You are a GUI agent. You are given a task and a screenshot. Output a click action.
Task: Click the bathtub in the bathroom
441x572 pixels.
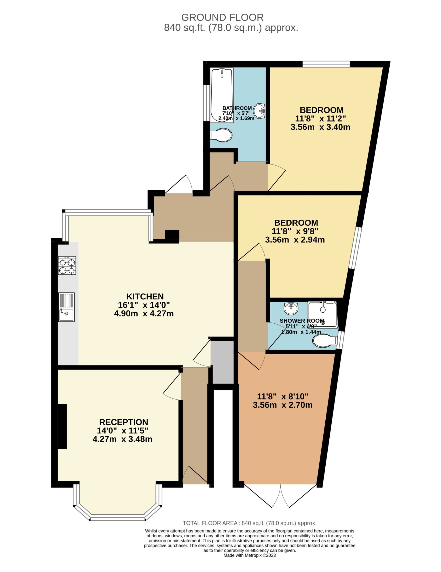[222, 95]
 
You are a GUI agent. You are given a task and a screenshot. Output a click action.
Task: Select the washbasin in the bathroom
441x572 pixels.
[259, 111]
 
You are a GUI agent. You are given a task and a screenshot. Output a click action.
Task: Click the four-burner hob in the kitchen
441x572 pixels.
[67, 265]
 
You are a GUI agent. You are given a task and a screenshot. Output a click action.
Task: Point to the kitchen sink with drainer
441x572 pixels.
[66, 307]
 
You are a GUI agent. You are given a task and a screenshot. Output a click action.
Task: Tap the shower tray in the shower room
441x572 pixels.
[322, 314]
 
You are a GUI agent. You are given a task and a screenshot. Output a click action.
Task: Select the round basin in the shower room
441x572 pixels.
[291, 308]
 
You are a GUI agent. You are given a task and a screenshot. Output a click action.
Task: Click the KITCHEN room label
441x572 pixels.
[145, 296]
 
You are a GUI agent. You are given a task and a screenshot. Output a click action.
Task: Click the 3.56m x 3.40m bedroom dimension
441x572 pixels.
[320, 127]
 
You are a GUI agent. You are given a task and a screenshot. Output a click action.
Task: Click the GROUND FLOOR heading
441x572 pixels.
[222, 17]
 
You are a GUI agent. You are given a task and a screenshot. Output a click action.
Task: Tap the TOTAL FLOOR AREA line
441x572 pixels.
[250, 523]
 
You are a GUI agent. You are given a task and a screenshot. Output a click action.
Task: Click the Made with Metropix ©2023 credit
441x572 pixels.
[250, 563]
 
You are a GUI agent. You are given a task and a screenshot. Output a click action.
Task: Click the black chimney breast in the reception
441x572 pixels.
[62, 426]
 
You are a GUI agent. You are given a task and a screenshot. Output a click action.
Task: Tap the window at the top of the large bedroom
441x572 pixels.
[326, 64]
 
